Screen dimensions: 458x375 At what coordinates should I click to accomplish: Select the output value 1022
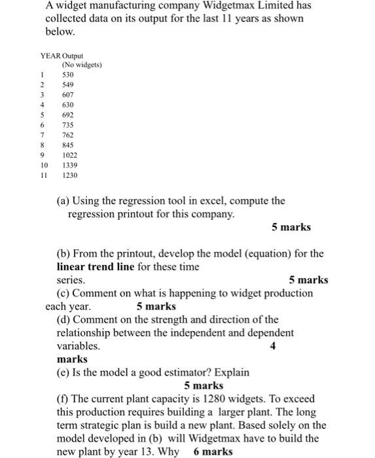(x=70, y=155)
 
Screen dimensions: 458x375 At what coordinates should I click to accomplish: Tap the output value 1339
(x=70, y=166)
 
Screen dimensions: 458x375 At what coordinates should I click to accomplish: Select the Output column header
(x=74, y=56)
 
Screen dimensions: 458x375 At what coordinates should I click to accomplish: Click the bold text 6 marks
(x=213, y=451)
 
